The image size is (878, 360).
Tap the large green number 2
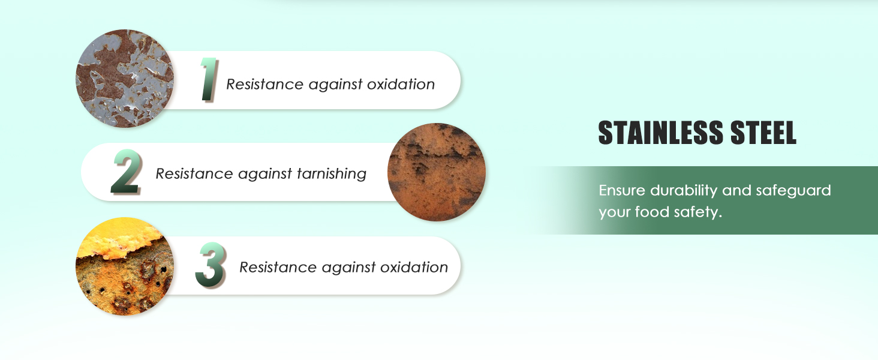tap(126, 172)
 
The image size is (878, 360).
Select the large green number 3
tap(211, 265)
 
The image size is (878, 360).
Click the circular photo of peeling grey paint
tap(125, 79)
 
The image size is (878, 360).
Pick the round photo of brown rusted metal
tap(436, 172)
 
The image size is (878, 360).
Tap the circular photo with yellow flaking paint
tap(125, 266)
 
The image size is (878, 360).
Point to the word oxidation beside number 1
tap(401, 84)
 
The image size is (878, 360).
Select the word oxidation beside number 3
tap(414, 267)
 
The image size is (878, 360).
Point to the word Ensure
tap(622, 190)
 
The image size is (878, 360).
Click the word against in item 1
tap(335, 85)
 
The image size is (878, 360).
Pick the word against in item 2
tap(265, 174)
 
